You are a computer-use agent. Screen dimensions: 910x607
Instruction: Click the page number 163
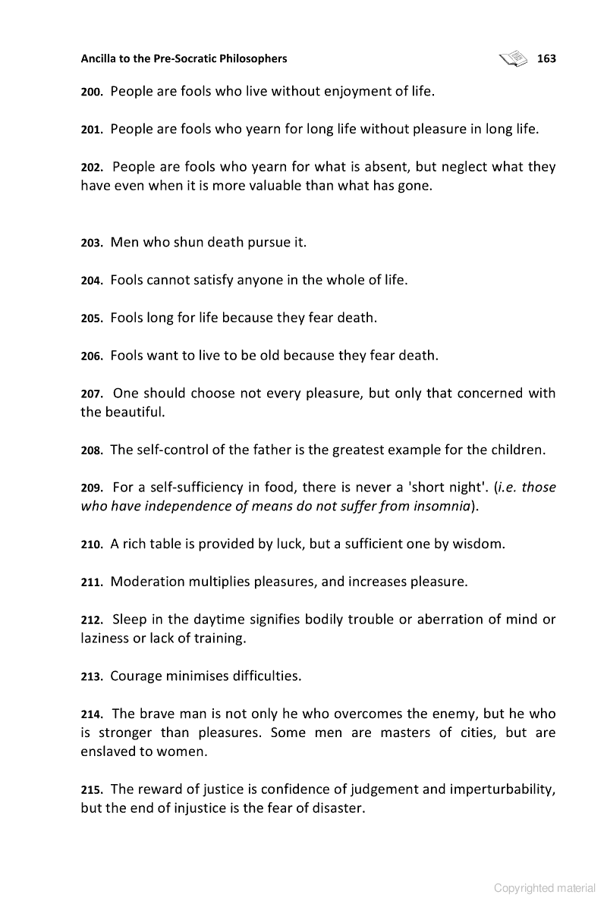pyautogui.click(x=546, y=58)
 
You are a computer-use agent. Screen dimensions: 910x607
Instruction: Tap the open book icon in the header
pyautogui.click(x=514, y=58)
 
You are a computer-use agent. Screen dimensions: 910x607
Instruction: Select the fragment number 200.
pyautogui.click(x=92, y=93)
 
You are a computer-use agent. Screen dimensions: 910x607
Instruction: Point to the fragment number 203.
pyautogui.click(x=92, y=243)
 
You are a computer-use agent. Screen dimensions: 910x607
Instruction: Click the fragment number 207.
pyautogui.click(x=92, y=394)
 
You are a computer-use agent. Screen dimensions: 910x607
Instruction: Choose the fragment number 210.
pyautogui.click(x=92, y=544)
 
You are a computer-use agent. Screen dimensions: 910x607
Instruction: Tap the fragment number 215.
pyautogui.click(x=92, y=789)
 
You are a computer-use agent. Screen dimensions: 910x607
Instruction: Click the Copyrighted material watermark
pyautogui.click(x=544, y=888)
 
